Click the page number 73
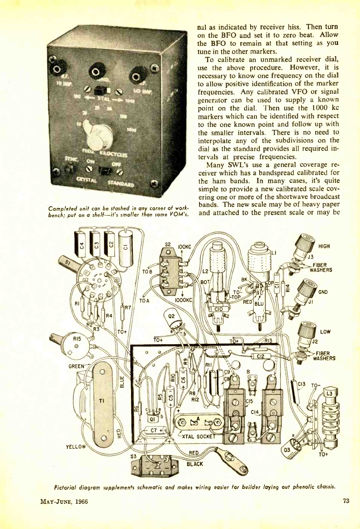[345, 501]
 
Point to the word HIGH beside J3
[324, 246]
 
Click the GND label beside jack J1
[323, 292]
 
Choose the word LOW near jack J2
[325, 332]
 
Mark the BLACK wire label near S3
[195, 464]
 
